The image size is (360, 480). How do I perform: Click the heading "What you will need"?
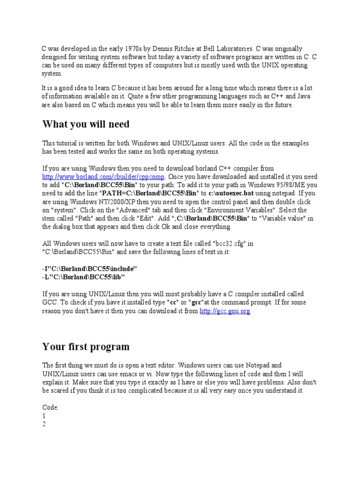tap(86, 124)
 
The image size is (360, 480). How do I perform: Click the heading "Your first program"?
tap(86, 347)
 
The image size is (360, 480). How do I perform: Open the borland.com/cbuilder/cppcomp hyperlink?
tap(104, 177)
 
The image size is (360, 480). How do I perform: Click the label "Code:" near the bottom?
tap(51, 407)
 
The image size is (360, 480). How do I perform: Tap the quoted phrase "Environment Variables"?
tap(243, 210)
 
